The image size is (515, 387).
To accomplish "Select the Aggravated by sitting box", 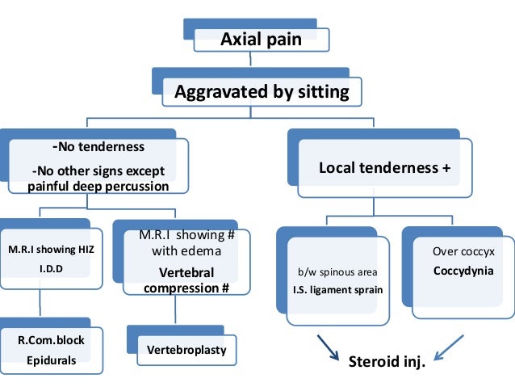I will (x=262, y=92).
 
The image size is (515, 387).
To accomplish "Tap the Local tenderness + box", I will (x=384, y=168).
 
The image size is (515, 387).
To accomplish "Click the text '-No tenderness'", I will (x=98, y=147).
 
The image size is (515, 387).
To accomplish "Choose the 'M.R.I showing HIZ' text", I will (x=52, y=249).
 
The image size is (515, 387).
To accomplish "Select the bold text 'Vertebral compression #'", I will (x=176, y=280).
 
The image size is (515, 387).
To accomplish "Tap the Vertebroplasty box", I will (x=186, y=351).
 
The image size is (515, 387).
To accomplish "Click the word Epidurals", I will (x=52, y=360).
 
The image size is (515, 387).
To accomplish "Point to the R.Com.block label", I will (x=52, y=340).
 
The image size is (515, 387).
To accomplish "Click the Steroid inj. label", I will (x=385, y=360).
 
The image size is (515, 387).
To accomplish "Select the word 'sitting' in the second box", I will (x=320, y=92).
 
